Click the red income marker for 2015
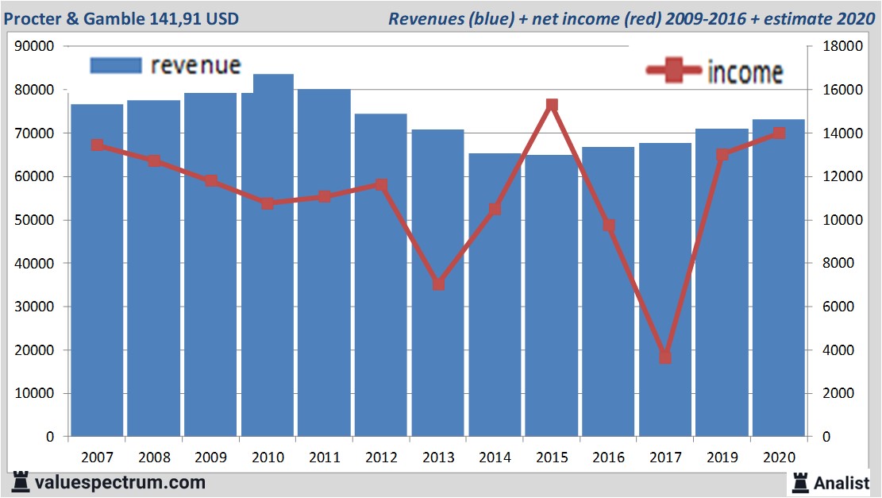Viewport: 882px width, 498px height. [552, 105]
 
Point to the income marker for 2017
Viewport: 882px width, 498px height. [665, 357]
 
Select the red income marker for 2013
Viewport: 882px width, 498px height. [438, 284]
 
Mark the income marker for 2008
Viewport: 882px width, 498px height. [154, 160]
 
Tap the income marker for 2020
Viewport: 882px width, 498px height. [779, 133]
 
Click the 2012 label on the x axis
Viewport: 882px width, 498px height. [381, 457]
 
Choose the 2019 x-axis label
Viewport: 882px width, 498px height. [722, 457]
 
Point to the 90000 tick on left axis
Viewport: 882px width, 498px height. [34, 47]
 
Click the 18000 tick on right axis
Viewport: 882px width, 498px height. [837, 47]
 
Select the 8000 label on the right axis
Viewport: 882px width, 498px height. [834, 264]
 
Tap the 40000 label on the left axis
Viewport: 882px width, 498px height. [34, 264]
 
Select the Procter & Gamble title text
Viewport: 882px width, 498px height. [121, 18]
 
